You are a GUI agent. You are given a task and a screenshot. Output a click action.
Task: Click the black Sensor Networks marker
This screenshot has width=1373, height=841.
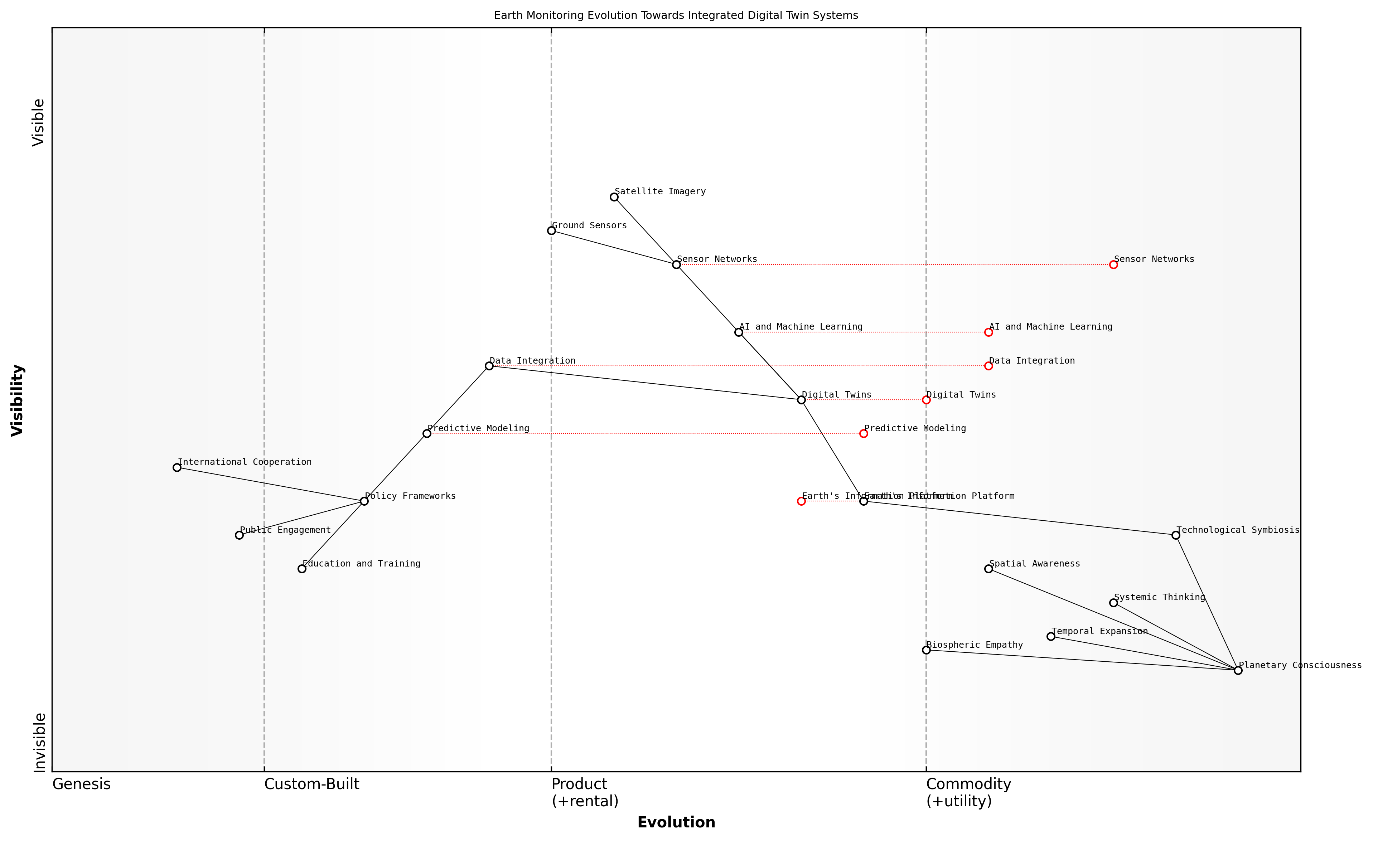[x=676, y=264]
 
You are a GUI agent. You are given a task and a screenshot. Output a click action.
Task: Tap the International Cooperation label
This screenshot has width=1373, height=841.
[x=244, y=462]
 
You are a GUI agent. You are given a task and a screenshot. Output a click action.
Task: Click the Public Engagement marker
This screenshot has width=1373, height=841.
[x=239, y=535]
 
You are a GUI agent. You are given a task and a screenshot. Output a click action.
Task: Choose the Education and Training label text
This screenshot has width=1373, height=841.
[x=361, y=564]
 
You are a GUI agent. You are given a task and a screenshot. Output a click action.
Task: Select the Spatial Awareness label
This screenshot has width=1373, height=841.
[x=1034, y=564]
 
